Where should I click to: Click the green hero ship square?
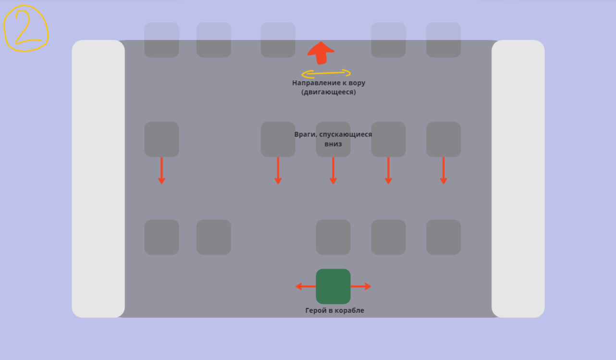click(x=333, y=286)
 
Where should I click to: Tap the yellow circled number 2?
click(x=26, y=28)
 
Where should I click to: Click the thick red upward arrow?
click(x=320, y=52)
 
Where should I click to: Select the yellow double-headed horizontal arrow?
click(x=326, y=74)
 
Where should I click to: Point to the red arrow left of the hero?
click(x=305, y=286)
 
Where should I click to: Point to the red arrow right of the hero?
click(x=361, y=286)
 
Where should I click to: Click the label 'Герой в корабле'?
click(x=334, y=310)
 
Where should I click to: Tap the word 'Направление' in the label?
click(x=312, y=83)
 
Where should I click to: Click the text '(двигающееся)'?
click(x=329, y=92)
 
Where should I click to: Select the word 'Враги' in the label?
click(x=305, y=135)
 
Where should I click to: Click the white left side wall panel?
click(x=98, y=178)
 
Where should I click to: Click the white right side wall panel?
click(x=518, y=178)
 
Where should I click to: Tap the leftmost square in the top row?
click(x=161, y=40)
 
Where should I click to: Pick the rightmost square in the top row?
click(x=444, y=40)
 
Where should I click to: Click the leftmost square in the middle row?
click(x=161, y=139)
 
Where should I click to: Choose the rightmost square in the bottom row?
click(x=444, y=237)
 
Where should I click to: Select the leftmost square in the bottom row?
click(x=161, y=237)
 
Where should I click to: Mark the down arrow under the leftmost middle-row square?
click(x=161, y=171)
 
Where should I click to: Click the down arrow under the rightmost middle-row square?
click(x=444, y=171)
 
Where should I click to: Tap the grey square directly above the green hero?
click(x=333, y=237)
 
